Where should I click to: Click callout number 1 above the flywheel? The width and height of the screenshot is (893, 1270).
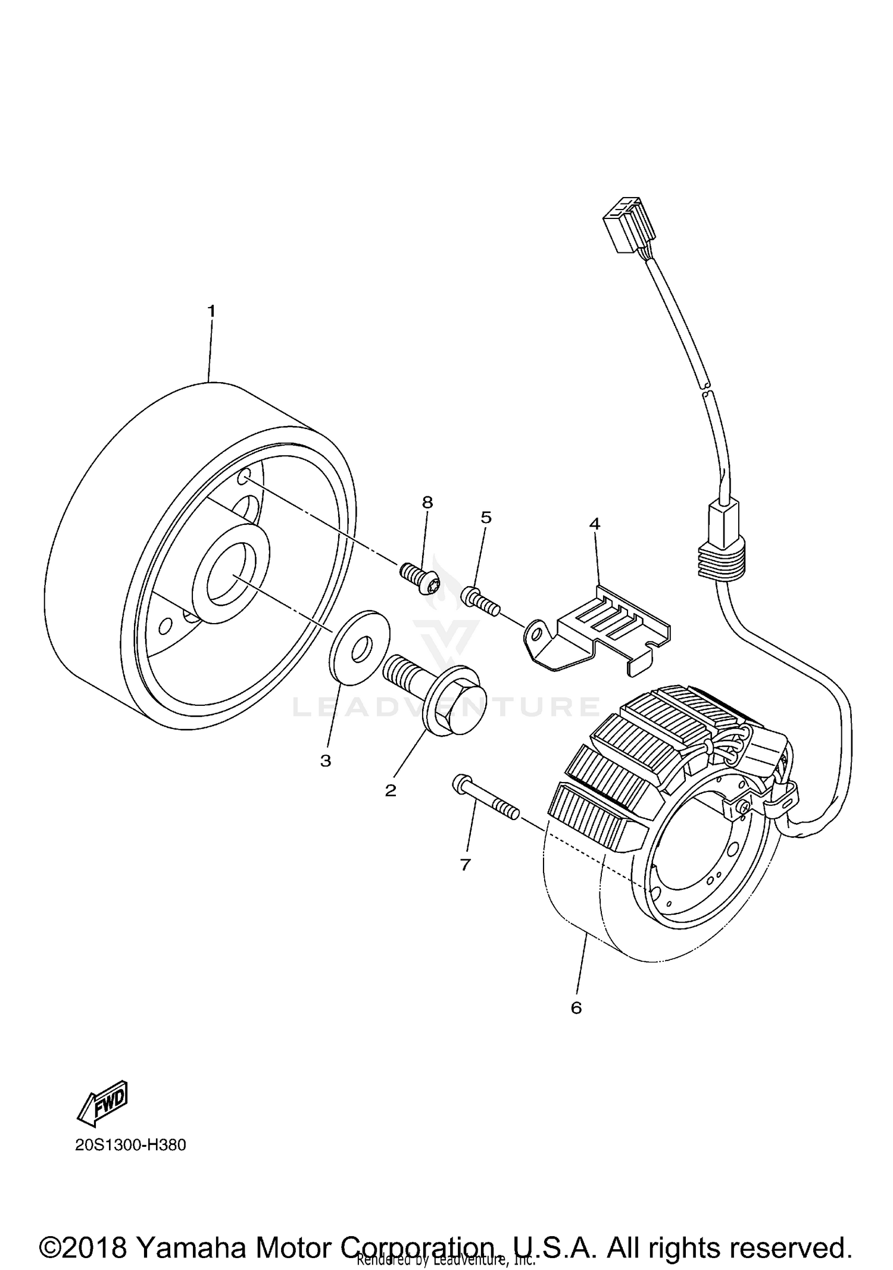pos(211,311)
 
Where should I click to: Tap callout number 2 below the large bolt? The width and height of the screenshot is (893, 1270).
pos(391,790)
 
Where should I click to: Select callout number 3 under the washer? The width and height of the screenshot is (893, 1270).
pos(326,761)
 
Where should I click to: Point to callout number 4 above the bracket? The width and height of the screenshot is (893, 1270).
pos(594,524)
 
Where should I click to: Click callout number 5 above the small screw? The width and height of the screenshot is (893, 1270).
pos(486,517)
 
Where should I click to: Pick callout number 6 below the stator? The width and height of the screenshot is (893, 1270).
pos(576,1008)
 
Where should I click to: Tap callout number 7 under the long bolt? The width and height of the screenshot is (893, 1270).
pos(466,865)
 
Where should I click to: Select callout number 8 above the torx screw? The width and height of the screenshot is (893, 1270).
pos(427,502)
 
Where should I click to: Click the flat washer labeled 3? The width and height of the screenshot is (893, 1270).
pos(360,647)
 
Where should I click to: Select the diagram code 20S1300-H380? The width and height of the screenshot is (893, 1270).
pos(130,1145)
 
